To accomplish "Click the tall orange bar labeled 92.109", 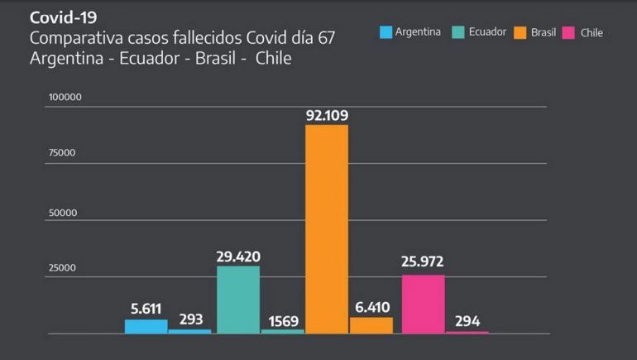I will click(x=327, y=228).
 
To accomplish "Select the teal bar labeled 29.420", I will click(x=238, y=300).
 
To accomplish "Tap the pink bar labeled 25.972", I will click(x=423, y=304).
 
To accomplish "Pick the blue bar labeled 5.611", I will click(x=146, y=326).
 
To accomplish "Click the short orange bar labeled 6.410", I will click(x=371, y=325).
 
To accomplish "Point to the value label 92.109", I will click(x=327, y=113).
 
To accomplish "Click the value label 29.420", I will click(x=238, y=257).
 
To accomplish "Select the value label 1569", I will click(x=282, y=320).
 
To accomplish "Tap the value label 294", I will click(x=467, y=321).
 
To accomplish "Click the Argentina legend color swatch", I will click(x=386, y=32).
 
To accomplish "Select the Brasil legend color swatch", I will click(x=520, y=32).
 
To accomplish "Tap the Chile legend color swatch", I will click(x=568, y=32).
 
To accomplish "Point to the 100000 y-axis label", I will click(x=65, y=97).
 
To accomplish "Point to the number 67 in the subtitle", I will click(x=338, y=38).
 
